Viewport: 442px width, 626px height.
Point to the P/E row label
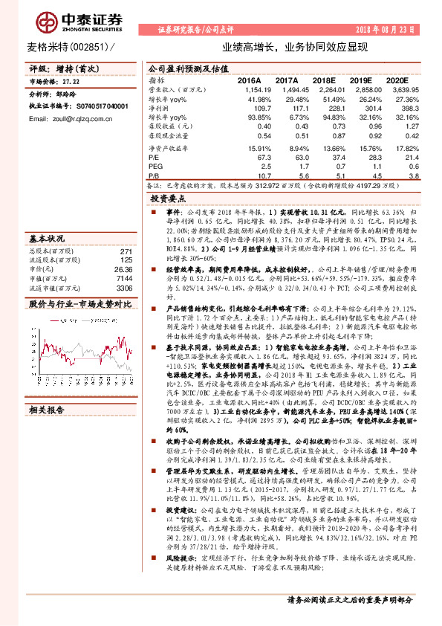pyautogui.click(x=154, y=157)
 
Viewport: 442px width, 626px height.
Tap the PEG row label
pyautogui.click(x=155, y=167)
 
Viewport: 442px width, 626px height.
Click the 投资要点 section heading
pyautogui.click(x=168, y=200)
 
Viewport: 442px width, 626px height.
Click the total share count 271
pyautogui.click(x=126, y=251)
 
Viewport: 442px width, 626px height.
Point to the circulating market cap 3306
pyautogui.click(x=124, y=287)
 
